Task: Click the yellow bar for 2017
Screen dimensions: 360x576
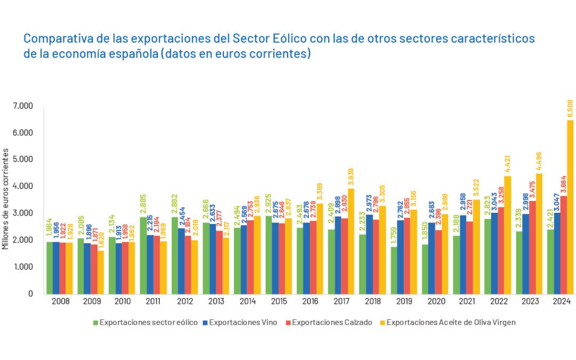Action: pyautogui.click(x=350, y=241)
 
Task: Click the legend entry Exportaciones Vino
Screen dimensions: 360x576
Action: pyautogui.click(x=243, y=322)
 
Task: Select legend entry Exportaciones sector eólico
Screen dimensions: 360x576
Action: pyautogui.click(x=148, y=322)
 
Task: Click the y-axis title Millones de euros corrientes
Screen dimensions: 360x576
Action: pyautogui.click(x=6, y=199)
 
